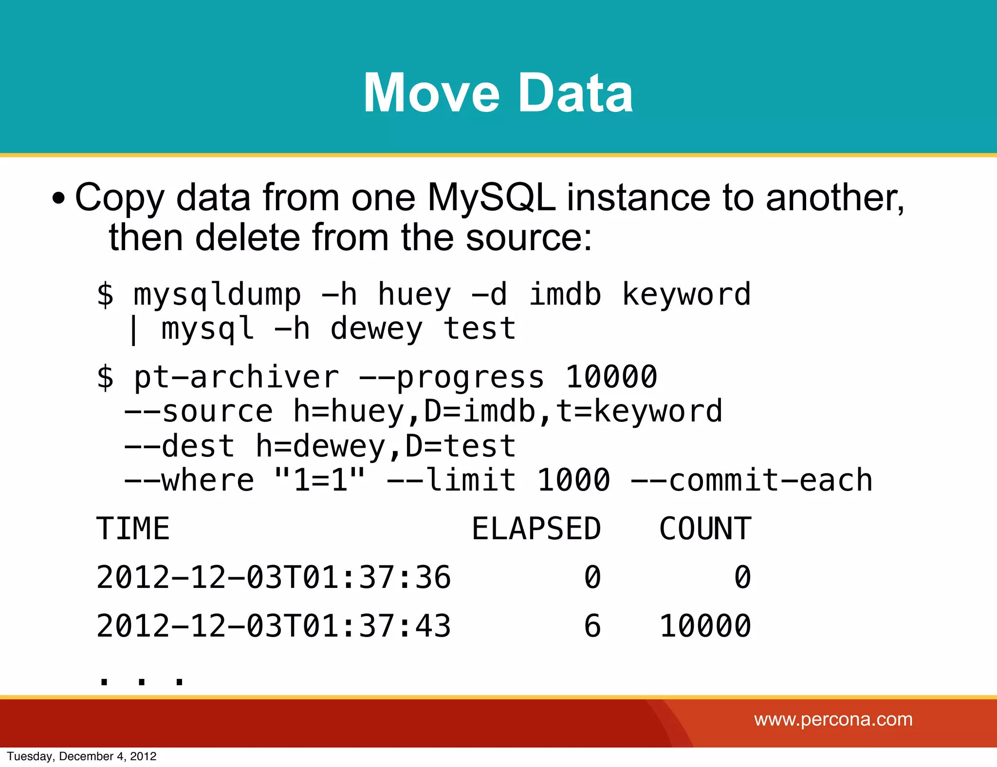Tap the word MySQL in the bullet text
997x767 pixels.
tap(492, 198)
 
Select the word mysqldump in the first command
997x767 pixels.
tap(218, 295)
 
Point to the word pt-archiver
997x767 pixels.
tap(236, 377)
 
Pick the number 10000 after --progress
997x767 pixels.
tap(611, 377)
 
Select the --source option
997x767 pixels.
tap(199, 412)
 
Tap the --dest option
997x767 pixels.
tap(179, 446)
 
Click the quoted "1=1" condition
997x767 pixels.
tap(319, 480)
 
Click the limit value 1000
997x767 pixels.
tap(573, 480)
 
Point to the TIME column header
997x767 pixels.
tap(133, 529)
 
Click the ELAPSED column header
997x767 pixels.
tap(536, 529)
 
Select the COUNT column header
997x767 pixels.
tap(705, 529)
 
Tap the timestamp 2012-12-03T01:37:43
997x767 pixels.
tap(274, 626)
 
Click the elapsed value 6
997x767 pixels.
tap(592, 626)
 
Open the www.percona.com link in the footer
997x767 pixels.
tap(833, 719)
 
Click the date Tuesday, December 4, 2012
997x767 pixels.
tap(82, 756)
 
